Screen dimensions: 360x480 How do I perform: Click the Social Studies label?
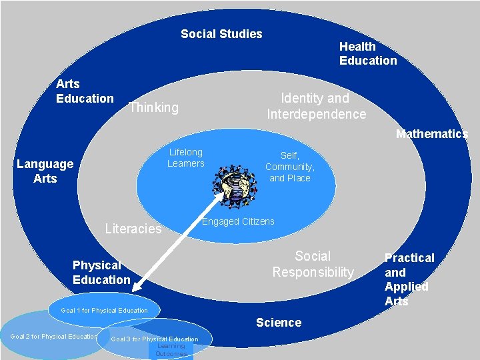click(x=221, y=34)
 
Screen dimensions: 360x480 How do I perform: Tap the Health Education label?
click(x=367, y=53)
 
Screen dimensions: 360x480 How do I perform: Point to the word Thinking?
click(x=153, y=107)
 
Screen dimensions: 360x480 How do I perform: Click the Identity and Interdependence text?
click(x=316, y=106)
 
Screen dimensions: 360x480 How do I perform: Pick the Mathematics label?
click(x=431, y=134)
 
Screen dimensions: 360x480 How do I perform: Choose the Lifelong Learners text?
click(x=185, y=158)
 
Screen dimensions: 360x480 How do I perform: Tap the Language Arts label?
click(x=45, y=171)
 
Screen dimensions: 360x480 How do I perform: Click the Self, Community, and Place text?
click(x=289, y=167)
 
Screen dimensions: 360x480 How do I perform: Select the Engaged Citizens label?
click(x=238, y=221)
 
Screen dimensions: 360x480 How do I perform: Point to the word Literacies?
click(x=133, y=229)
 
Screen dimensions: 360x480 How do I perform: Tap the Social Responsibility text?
click(x=313, y=264)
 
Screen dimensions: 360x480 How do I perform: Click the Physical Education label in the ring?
click(x=101, y=273)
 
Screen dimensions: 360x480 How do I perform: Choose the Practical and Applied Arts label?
click(x=409, y=279)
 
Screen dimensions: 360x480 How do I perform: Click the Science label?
click(x=279, y=323)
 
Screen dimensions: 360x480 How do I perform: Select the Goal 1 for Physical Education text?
click(x=104, y=311)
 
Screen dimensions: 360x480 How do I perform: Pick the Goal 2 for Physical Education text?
click(x=54, y=337)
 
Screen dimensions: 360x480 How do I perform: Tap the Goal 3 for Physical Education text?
click(x=154, y=339)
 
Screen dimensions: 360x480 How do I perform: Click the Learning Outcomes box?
click(x=171, y=351)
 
